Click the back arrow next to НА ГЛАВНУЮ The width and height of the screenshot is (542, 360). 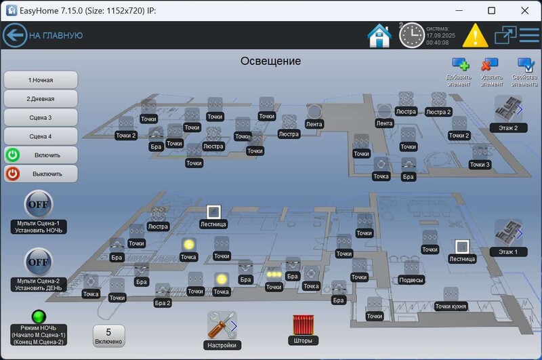14,35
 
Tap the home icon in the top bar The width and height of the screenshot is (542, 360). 379,35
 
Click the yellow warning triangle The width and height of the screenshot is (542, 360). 475,35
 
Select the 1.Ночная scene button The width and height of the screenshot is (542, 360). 41,80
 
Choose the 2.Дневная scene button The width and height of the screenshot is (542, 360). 41,98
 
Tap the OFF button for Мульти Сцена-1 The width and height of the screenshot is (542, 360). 39,204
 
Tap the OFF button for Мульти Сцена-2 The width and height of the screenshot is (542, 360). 39,262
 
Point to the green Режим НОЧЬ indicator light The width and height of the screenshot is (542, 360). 39,317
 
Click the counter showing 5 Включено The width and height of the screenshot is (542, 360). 108,336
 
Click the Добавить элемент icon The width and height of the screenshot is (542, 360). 460,65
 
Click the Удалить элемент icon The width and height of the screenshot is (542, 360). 489,65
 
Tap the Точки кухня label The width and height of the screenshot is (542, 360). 451,306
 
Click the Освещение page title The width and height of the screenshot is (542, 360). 270,61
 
